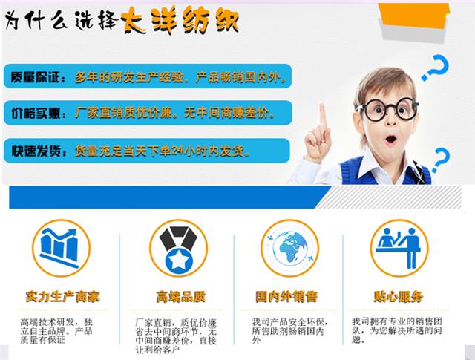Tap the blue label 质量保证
coord(36,77)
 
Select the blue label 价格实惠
coord(36,114)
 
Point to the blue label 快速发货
coord(36,150)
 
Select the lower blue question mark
coord(442,160)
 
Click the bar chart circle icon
coord(61,248)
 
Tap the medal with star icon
coord(178,248)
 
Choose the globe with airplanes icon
coord(289,248)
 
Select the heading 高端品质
coord(180,297)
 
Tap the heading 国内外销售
coord(290,297)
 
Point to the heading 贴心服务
coord(399,297)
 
